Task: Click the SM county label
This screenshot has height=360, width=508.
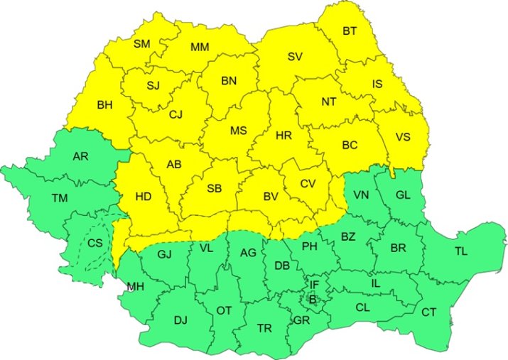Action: click(x=142, y=44)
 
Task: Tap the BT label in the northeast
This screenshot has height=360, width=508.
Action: click(x=350, y=31)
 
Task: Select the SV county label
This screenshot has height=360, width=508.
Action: click(x=295, y=57)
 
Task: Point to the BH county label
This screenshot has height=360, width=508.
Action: click(x=104, y=105)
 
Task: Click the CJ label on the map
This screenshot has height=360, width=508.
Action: click(x=176, y=113)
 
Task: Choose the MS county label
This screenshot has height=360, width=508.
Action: click(x=238, y=131)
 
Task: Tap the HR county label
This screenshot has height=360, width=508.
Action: click(x=283, y=134)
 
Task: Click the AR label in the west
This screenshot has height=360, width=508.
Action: click(x=80, y=156)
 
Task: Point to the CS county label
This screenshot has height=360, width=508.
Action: click(x=94, y=243)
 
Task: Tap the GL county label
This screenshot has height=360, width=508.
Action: click(x=403, y=195)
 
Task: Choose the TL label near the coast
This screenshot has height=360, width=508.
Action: click(x=461, y=251)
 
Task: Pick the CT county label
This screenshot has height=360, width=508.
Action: click(x=429, y=312)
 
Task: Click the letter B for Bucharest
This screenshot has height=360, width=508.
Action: click(x=311, y=300)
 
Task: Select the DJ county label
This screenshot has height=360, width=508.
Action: click(x=180, y=320)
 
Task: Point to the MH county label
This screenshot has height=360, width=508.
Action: click(x=134, y=287)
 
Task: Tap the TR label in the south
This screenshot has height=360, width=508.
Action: click(x=264, y=327)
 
